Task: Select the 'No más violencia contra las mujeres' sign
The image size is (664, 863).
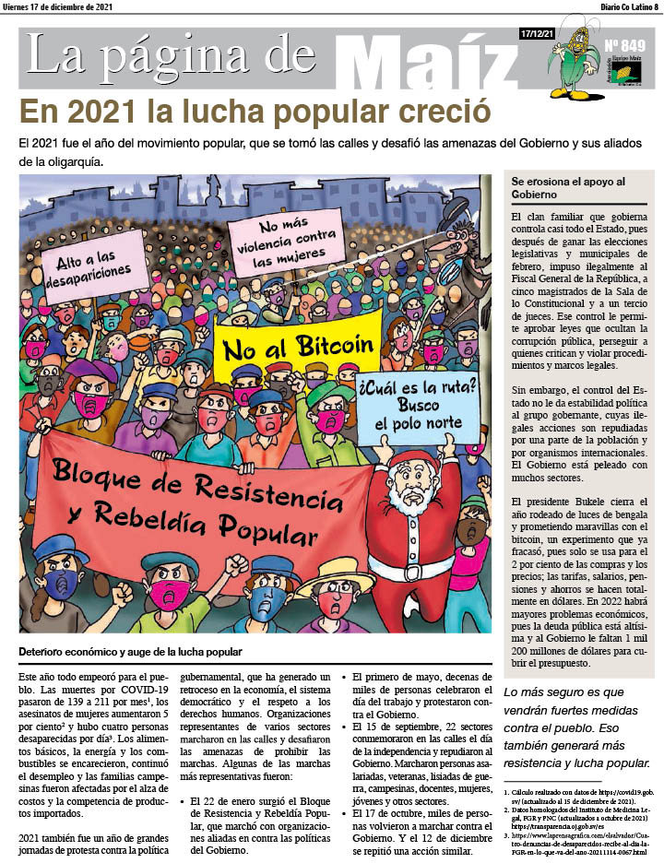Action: pos(283,242)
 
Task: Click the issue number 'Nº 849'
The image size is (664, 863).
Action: pos(624,45)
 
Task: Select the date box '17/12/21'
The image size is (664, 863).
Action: pos(537,34)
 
